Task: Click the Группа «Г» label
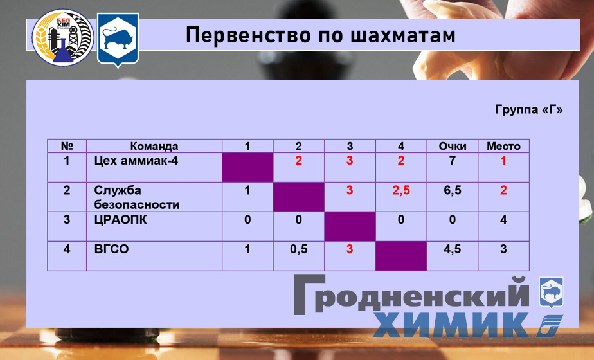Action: point(528,109)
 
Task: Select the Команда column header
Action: point(154,146)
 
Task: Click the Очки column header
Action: point(453,146)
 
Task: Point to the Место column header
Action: point(503,146)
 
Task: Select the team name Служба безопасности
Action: point(136,197)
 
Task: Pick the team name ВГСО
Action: point(111,249)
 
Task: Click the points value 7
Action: point(453,161)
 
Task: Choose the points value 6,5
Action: point(453,190)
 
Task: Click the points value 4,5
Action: point(453,249)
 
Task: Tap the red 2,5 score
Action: point(401,190)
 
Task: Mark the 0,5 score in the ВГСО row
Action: point(299,249)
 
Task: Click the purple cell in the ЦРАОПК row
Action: point(350,226)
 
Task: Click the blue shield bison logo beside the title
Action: point(118,41)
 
